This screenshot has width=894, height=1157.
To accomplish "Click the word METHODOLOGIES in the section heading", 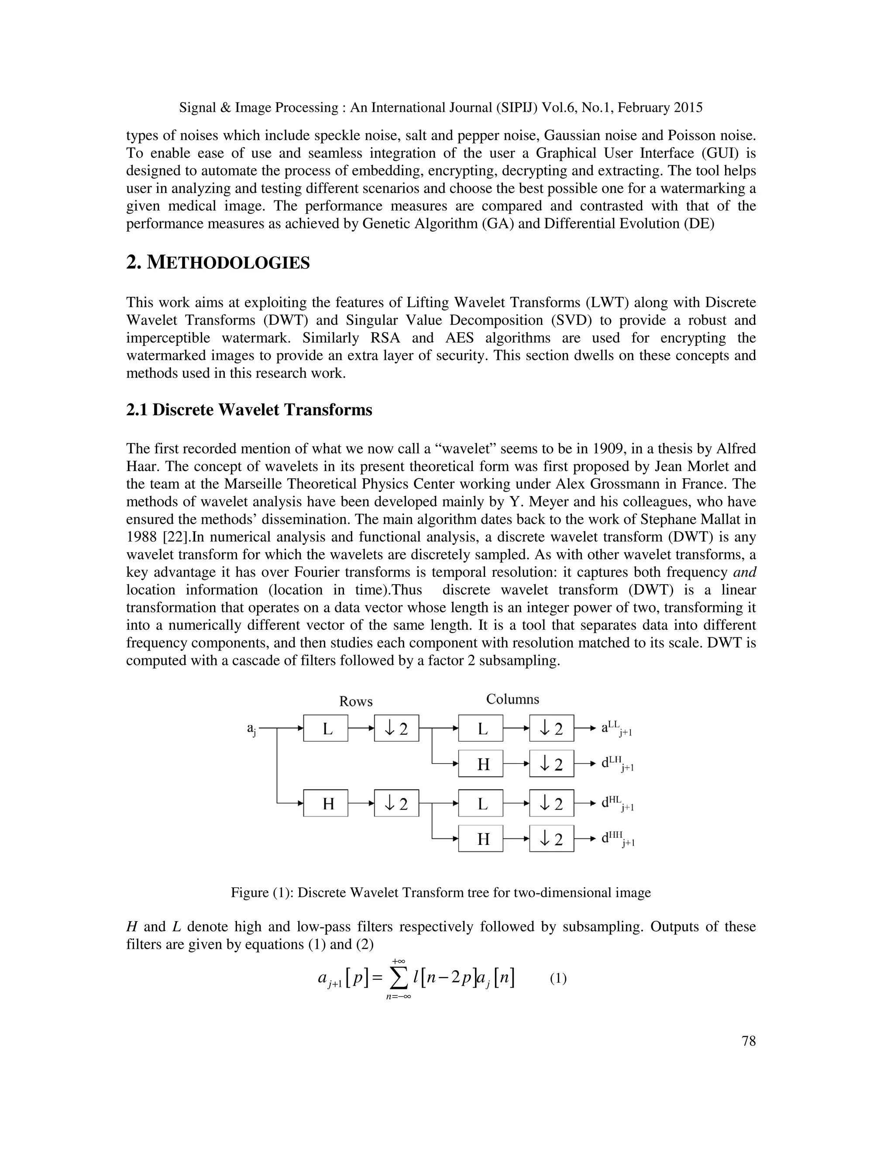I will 228,263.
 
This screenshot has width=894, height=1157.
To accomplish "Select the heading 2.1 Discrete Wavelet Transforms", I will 249,410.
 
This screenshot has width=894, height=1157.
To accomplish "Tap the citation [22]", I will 177,537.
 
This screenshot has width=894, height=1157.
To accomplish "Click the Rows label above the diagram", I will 356,702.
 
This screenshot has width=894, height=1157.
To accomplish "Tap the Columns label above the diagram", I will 512,699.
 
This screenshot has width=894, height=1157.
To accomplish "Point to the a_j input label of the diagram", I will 251,729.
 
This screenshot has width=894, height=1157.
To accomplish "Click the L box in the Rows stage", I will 326,728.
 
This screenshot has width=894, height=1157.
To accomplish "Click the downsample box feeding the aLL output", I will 551,728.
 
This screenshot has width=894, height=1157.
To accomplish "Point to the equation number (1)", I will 558,978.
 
